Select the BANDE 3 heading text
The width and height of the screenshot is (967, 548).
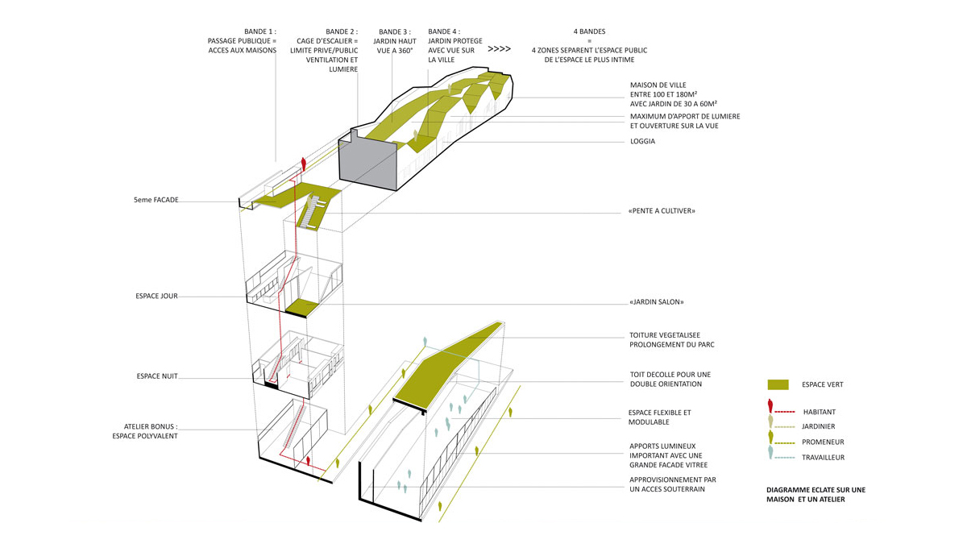coord(394,31)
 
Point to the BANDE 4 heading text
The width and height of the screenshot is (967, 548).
coord(444,31)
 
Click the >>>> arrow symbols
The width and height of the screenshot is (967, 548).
coord(499,49)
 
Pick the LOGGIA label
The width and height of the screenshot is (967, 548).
coord(642,142)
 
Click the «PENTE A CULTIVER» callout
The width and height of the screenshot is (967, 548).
coord(661,211)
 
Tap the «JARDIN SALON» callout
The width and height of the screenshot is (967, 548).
coord(656,302)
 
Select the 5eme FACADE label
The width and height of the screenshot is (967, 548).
coord(156,200)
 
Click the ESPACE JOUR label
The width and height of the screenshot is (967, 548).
coord(156,297)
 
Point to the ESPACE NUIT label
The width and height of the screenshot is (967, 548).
coord(157,376)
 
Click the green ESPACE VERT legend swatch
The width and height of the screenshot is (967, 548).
coord(778,384)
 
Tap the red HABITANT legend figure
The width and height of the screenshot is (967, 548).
coord(770,407)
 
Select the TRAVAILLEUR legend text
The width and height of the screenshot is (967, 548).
coord(823,458)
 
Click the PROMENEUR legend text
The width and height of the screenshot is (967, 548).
coord(823,442)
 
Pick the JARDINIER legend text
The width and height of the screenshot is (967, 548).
coord(818,427)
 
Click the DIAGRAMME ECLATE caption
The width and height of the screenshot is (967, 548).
coord(816,490)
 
